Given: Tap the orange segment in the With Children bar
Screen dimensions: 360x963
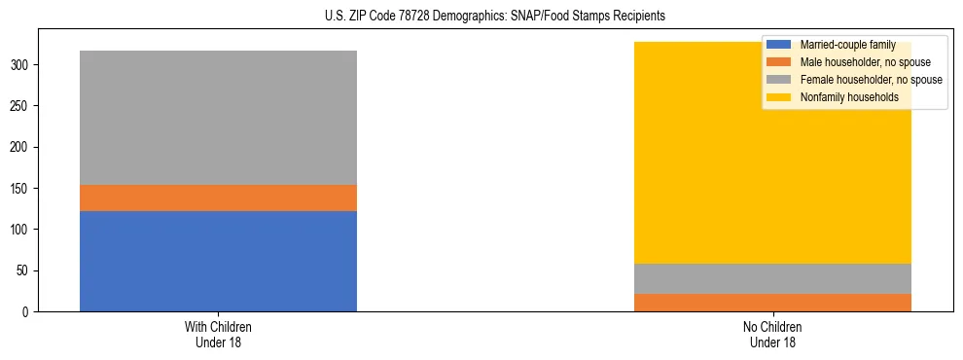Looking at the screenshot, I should pyautogui.click(x=218, y=198).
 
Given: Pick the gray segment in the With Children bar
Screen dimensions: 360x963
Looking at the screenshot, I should pyautogui.click(x=218, y=118).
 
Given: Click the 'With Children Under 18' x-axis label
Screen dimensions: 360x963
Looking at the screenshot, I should pyautogui.click(x=218, y=334).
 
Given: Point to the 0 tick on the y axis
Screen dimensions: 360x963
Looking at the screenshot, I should pyautogui.click(x=27, y=311).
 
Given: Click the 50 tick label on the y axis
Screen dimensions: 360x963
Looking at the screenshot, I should pyautogui.click(x=24, y=270).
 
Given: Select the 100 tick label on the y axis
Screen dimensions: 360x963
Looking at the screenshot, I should pyautogui.click(x=21, y=230).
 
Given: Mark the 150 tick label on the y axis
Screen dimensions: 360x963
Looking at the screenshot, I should pyautogui.click(x=21, y=189).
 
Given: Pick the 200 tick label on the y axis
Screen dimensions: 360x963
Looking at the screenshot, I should pyautogui.click(x=21, y=147).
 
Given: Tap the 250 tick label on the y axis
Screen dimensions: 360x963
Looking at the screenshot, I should pyautogui.click(x=21, y=106).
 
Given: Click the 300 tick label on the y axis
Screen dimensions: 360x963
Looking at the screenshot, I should pyautogui.click(x=21, y=65).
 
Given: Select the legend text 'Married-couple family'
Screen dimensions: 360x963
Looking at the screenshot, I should pyautogui.click(x=847, y=45).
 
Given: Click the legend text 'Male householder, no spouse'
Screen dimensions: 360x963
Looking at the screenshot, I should pyautogui.click(x=861, y=62).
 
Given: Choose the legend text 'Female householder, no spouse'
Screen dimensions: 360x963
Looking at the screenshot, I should pyautogui.click(x=871, y=80).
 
